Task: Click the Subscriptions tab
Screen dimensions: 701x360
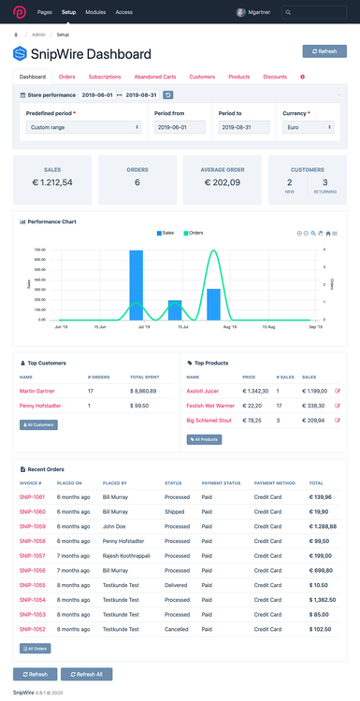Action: [105, 77]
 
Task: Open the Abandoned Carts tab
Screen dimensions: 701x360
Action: [154, 77]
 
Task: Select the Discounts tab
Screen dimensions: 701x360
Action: [275, 77]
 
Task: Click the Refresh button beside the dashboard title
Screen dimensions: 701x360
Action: [324, 51]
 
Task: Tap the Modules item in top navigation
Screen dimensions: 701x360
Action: [95, 12]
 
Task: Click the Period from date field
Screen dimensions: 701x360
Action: [180, 126]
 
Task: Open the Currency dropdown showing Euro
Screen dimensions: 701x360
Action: [308, 126]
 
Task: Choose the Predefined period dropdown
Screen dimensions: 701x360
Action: [84, 126]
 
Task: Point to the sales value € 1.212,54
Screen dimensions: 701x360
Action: [52, 182]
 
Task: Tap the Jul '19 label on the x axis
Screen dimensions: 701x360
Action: [143, 327]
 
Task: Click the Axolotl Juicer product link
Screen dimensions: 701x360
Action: [204, 391]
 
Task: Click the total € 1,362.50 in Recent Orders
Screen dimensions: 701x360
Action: [324, 598]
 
